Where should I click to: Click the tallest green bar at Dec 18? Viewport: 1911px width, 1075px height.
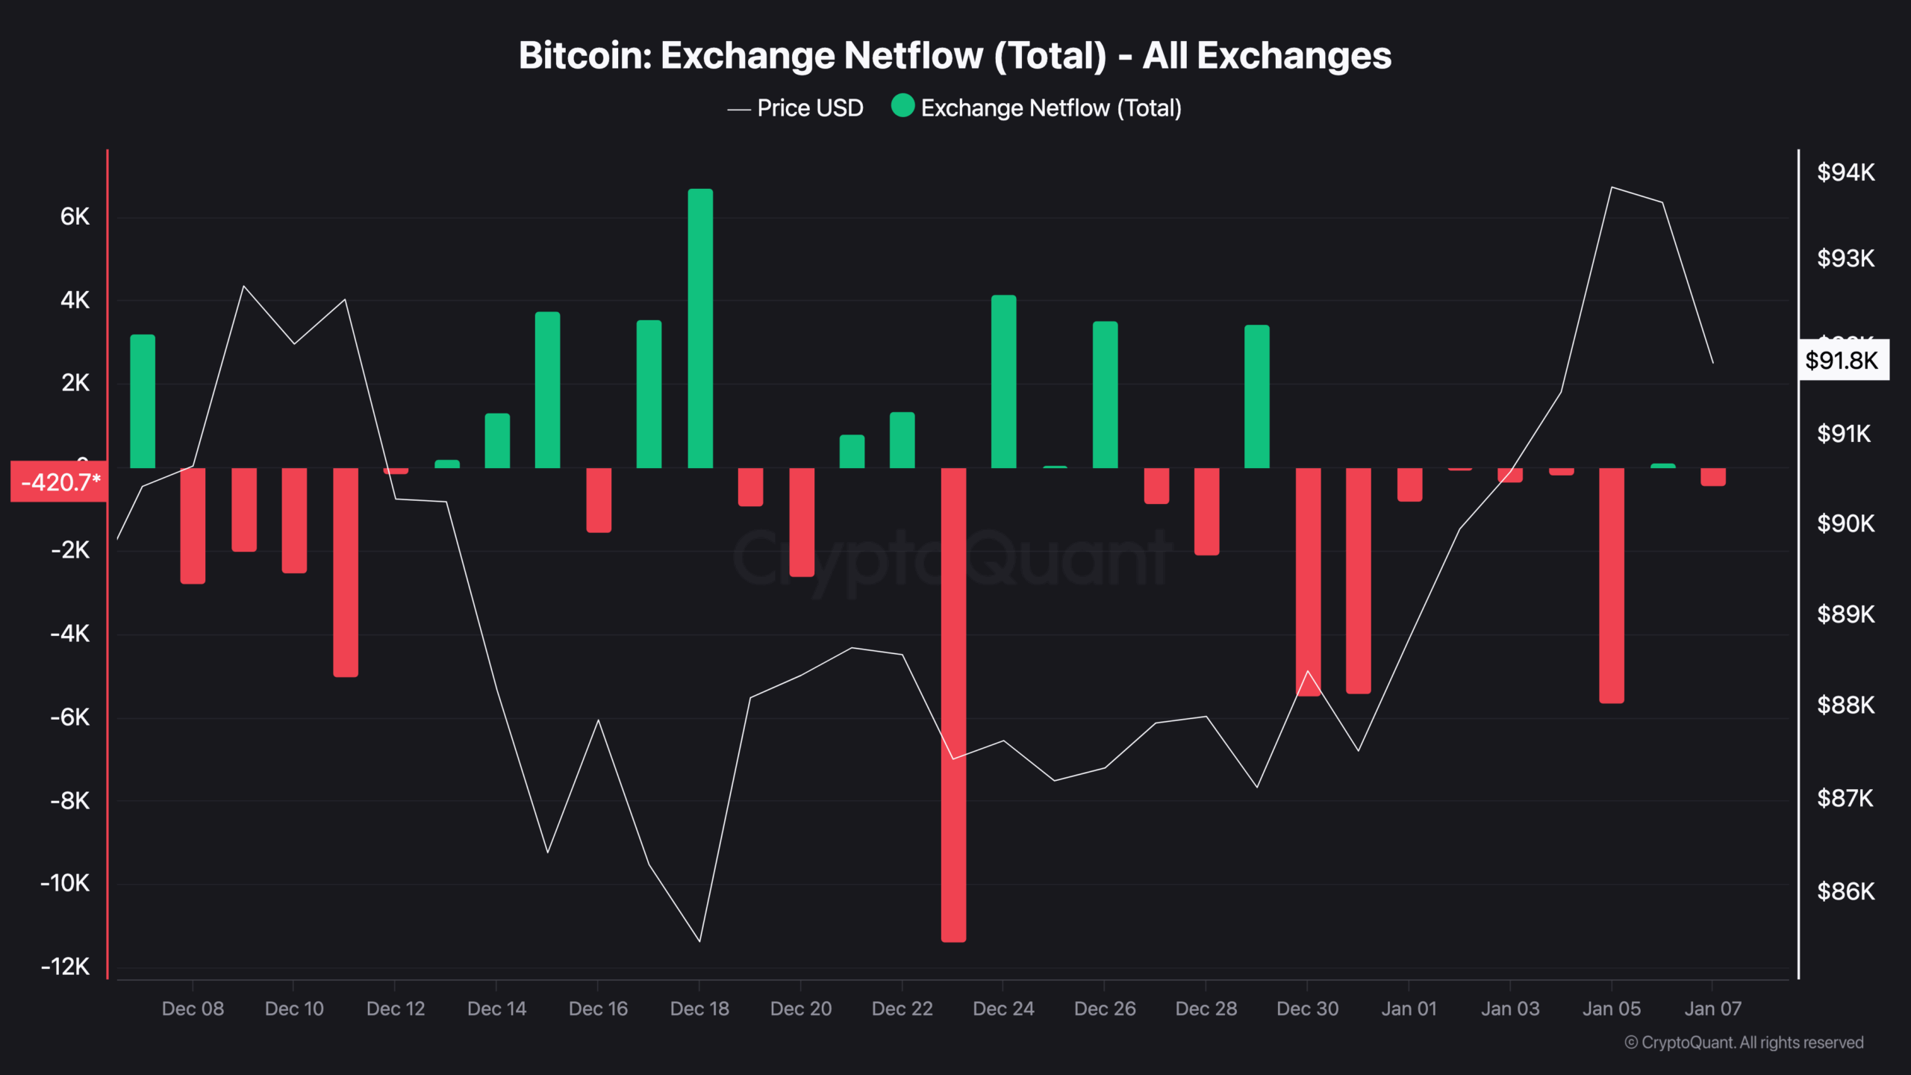pyautogui.click(x=700, y=328)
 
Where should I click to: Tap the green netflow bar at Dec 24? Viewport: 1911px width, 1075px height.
pyautogui.click(x=1003, y=381)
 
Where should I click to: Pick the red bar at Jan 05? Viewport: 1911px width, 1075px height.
pyautogui.click(x=1612, y=585)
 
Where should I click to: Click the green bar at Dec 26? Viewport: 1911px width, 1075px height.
pyautogui.click(x=1105, y=395)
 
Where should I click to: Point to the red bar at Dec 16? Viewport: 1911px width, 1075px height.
pyautogui.click(x=599, y=499)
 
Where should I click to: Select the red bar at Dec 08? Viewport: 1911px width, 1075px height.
pyautogui.click(x=193, y=526)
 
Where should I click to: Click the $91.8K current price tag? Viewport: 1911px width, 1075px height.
pyautogui.click(x=1842, y=361)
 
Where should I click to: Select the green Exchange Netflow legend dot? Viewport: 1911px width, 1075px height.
pyautogui.click(x=902, y=106)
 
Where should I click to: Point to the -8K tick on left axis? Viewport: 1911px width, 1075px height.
pyautogui.click(x=69, y=801)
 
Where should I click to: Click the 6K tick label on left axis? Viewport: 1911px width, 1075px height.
pyautogui.click(x=75, y=216)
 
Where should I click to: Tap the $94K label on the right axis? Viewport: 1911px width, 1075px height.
pyautogui.click(x=1845, y=172)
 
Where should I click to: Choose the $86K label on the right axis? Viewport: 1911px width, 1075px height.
pyautogui.click(x=1845, y=891)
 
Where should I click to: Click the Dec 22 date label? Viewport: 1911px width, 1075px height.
pyautogui.click(x=902, y=1009)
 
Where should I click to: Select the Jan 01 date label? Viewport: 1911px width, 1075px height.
pyautogui.click(x=1409, y=1009)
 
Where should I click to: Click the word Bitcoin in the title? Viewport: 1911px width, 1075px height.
pyautogui.click(x=584, y=56)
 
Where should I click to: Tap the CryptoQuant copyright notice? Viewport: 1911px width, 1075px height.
pyautogui.click(x=1744, y=1042)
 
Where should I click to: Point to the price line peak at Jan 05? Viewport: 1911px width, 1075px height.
pyautogui.click(x=1612, y=187)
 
